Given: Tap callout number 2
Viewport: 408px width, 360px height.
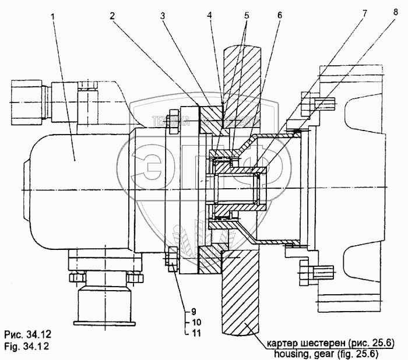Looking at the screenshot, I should tap(111, 15).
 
